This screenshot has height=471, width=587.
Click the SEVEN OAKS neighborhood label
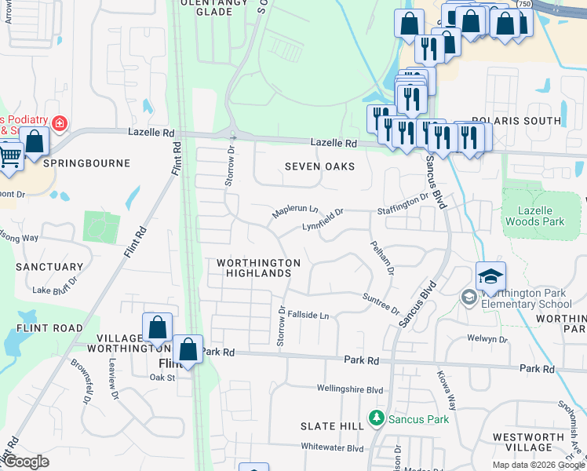pos(319,166)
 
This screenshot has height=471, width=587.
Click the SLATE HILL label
pos(332,425)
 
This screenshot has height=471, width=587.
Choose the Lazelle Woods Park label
pos(541,216)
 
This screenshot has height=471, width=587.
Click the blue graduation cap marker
pos(490,276)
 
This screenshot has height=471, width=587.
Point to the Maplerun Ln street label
pos(295,212)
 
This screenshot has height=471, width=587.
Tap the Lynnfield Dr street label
pos(323,220)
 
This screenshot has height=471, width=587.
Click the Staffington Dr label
pos(403,204)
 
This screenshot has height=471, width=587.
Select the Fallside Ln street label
pos(308,315)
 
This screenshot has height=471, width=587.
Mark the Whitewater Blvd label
pos(333,447)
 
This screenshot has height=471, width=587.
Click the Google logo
pos(26,462)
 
